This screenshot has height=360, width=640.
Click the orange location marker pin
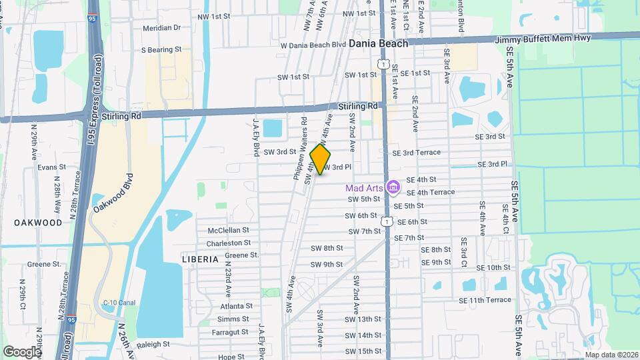(321, 159)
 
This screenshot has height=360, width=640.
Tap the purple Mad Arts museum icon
(393, 187)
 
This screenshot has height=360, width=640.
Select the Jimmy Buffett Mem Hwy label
(543, 39)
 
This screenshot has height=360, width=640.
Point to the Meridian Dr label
(161, 27)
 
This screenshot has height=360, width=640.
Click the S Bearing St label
(161, 50)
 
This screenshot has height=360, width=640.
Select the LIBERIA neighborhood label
(200, 259)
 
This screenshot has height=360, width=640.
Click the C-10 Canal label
(119, 303)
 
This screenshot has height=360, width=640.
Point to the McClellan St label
(229, 231)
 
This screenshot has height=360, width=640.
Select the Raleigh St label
(153, 345)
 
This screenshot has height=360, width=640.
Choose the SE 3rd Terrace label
(417, 152)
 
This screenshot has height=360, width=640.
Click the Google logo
(22, 351)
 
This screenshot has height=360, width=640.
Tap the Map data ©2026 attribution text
(611, 355)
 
